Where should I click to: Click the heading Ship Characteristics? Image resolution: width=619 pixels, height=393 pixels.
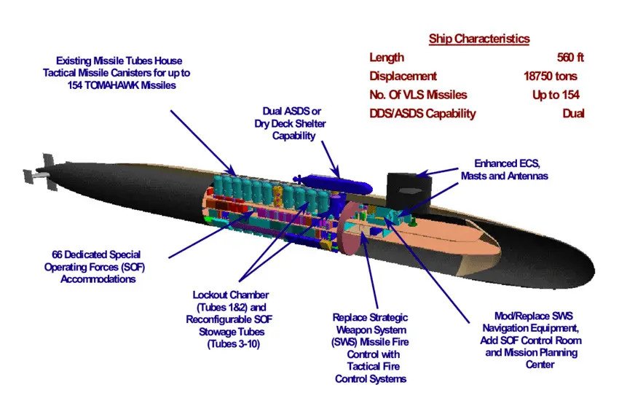click(479, 39)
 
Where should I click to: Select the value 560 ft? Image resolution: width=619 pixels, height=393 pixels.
click(570, 58)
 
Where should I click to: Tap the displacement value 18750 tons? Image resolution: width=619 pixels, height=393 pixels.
click(551, 76)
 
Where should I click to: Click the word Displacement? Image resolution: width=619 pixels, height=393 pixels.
click(403, 76)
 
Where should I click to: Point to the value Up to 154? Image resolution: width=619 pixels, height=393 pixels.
click(556, 95)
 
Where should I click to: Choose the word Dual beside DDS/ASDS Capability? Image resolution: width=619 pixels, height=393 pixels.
click(573, 114)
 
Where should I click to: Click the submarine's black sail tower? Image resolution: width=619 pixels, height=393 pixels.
click(409, 189)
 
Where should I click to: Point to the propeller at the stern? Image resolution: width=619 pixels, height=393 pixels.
click(40, 172)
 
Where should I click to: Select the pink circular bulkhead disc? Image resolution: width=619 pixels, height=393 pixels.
click(350, 228)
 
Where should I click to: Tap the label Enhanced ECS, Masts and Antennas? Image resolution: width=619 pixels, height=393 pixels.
click(505, 170)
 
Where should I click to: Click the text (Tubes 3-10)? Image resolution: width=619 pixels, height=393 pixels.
click(234, 344)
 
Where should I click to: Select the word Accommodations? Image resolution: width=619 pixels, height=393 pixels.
click(98, 279)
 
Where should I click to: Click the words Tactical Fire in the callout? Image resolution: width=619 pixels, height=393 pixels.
click(373, 367)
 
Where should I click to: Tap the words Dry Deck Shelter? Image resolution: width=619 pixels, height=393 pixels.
click(290, 123)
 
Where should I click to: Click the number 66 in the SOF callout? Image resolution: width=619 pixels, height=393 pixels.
click(58, 254)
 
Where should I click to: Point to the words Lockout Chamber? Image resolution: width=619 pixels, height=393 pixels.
click(231, 295)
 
